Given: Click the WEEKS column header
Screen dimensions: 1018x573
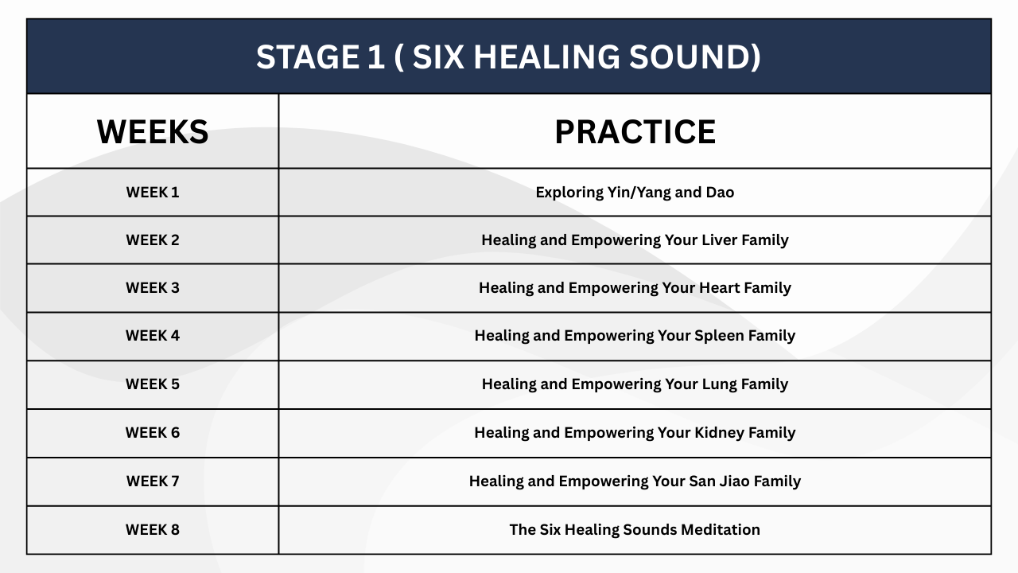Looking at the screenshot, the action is [x=153, y=132].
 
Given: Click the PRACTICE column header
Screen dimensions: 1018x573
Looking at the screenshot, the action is [x=635, y=132].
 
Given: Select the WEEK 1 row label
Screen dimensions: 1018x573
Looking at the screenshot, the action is [x=153, y=193].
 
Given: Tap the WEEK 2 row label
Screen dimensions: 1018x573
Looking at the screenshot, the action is [x=153, y=240].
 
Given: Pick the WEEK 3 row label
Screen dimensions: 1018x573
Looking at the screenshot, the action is [x=153, y=288].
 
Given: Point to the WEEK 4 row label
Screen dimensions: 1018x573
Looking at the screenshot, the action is [x=153, y=336].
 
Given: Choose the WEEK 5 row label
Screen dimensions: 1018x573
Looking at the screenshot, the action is [x=153, y=384].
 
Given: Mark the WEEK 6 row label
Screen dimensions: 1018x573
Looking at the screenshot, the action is [x=153, y=432].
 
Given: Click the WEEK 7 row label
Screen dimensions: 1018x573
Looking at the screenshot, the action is [x=153, y=481].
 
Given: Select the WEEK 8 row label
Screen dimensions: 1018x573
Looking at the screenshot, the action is [x=153, y=530].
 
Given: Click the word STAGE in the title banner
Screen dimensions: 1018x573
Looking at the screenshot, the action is [x=308, y=57].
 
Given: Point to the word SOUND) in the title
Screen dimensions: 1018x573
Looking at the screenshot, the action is [x=695, y=57].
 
